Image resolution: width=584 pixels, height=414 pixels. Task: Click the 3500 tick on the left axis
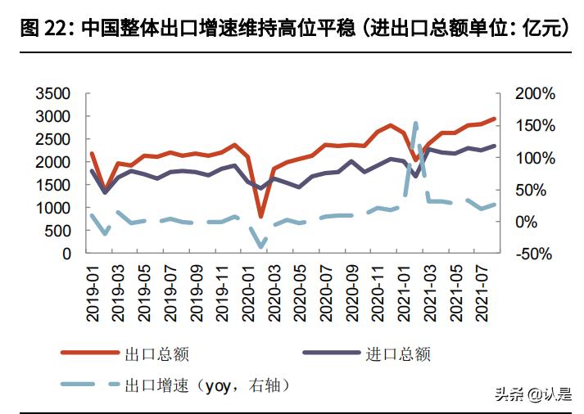[54, 93]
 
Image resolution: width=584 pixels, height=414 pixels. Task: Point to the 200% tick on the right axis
[535, 93]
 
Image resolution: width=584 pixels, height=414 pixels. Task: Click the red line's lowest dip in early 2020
[261, 217]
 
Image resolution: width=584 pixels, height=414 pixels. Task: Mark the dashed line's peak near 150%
[415, 124]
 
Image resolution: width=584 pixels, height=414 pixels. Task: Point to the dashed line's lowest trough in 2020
[261, 246]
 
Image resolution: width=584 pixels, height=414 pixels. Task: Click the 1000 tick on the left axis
[54, 208]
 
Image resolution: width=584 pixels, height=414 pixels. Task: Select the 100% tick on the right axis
[535, 157]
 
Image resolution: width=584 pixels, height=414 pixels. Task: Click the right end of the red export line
[495, 119]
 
